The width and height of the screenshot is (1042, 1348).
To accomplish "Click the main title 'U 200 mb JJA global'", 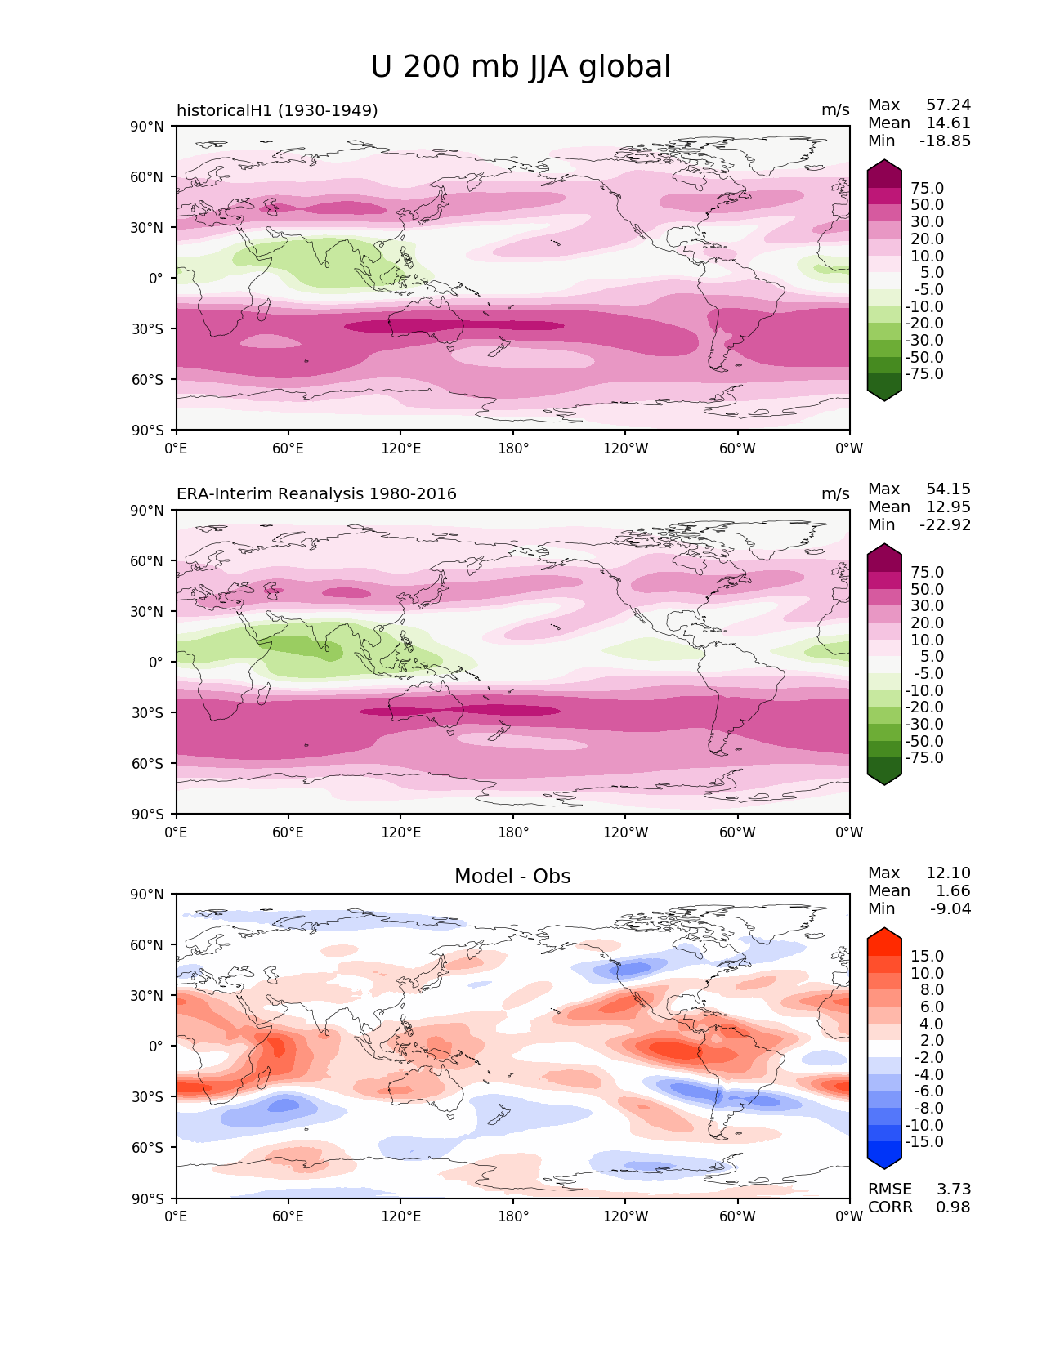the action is [520, 66].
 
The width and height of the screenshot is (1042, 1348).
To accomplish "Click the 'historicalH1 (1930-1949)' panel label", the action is [277, 110].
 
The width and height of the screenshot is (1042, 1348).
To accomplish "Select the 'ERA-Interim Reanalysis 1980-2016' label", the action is [316, 493].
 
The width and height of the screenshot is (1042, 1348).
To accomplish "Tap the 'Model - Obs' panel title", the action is [512, 877].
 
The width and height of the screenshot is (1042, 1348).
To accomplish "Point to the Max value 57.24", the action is [948, 105].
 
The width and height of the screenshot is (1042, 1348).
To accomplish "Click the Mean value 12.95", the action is [948, 507].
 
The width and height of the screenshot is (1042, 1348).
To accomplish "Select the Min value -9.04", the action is [950, 908].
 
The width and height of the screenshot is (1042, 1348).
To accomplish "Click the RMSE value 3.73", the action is [953, 1190].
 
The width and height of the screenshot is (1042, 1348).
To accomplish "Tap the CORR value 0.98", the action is [953, 1207].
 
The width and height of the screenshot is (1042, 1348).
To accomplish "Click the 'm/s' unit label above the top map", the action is [835, 110].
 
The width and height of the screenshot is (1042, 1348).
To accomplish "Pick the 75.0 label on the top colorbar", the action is [927, 188].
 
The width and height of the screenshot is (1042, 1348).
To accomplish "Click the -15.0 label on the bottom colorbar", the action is [924, 1141].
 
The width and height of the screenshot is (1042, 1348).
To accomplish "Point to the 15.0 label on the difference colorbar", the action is [927, 956].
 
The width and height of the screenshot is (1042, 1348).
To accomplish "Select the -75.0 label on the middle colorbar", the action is [924, 757].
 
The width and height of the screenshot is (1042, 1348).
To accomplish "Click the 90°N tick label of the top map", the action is [147, 127].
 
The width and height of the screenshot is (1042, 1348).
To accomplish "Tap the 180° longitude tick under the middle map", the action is [513, 832].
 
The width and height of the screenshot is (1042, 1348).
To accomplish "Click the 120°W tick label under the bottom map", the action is [625, 1216].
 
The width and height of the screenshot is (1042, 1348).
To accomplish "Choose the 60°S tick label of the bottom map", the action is [148, 1148].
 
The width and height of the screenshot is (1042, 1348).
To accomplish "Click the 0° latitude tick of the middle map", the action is [156, 663].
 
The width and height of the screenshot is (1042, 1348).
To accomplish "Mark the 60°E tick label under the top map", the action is [288, 448].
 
